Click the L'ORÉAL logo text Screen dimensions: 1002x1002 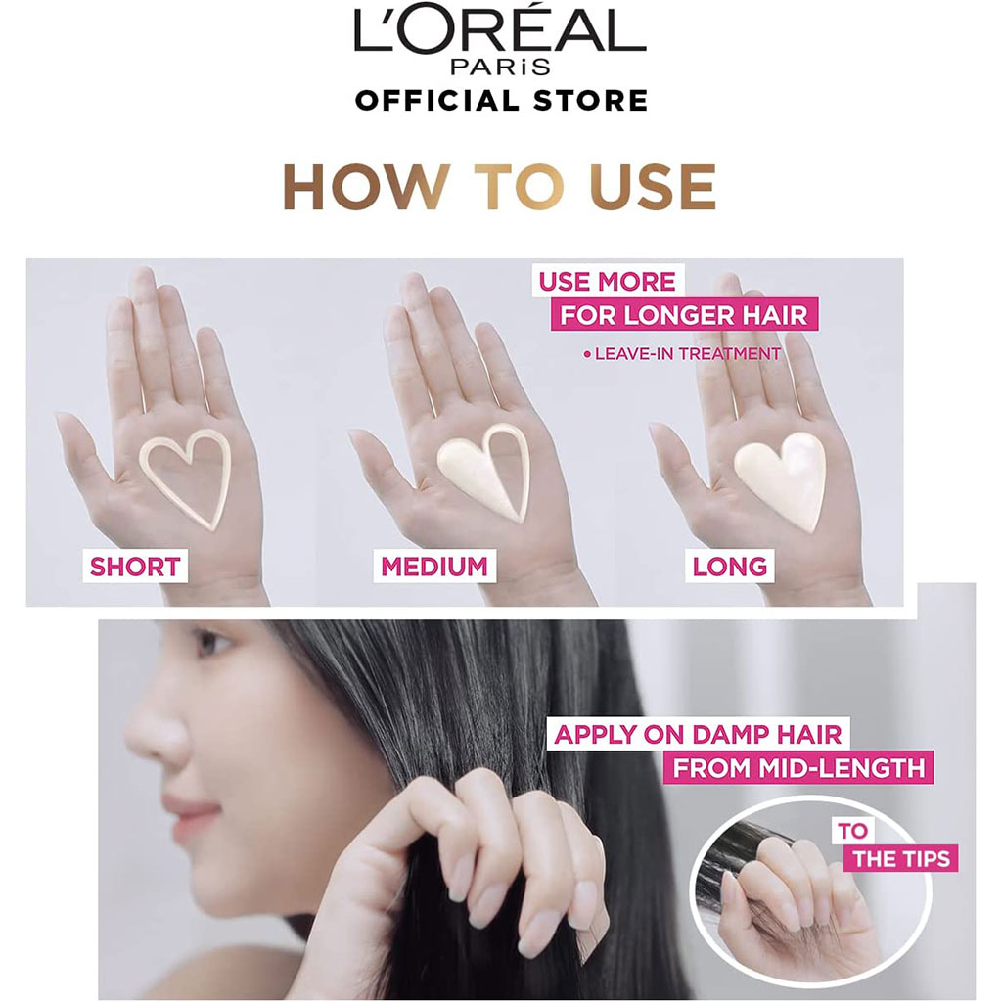click(x=500, y=35)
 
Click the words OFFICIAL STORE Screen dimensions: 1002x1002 click(x=501, y=100)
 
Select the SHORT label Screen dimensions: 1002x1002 click(x=135, y=566)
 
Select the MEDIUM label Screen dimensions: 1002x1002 click(x=433, y=566)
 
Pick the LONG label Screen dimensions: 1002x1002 click(x=729, y=566)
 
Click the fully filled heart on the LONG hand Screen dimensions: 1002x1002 click(x=780, y=477)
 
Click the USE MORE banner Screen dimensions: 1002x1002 click(x=608, y=282)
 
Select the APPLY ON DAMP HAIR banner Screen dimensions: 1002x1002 click(x=698, y=734)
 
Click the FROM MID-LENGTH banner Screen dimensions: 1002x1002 click(x=798, y=767)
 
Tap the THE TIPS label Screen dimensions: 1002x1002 click(x=901, y=858)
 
